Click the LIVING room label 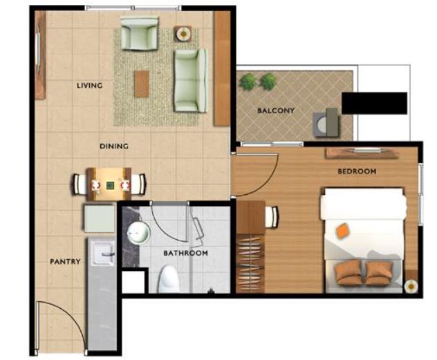(89, 85)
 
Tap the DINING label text (114, 146)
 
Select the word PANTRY (65, 261)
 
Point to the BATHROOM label (185, 253)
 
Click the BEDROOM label (357, 171)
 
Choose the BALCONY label (276, 111)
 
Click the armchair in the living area (140, 33)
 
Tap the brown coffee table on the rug (141, 84)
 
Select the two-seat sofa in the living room (191, 81)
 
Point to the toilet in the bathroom (168, 279)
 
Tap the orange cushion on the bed (343, 231)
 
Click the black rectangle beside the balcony (375, 103)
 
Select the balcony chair (326, 123)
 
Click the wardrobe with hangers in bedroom (250, 263)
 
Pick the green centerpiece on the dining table (110, 184)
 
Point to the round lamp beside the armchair (183, 34)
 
